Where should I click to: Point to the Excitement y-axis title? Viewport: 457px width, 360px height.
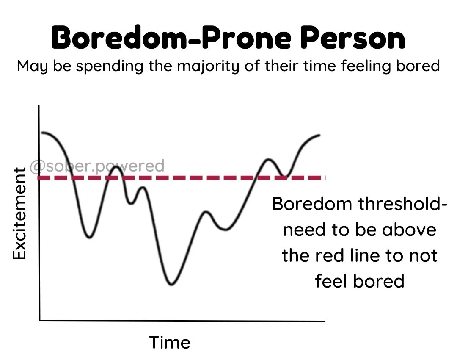[19, 213]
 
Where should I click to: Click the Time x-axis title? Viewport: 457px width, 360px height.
[170, 342]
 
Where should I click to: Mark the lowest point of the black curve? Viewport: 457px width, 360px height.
[171, 284]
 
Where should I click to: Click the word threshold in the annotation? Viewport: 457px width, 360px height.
[402, 204]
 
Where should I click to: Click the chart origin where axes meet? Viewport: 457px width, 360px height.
[39, 320]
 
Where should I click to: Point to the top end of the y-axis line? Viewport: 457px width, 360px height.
[39, 106]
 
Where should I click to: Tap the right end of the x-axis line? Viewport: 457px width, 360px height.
[324, 321]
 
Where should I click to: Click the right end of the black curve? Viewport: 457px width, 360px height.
[319, 136]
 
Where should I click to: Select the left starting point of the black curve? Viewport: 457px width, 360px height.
[42, 133]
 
